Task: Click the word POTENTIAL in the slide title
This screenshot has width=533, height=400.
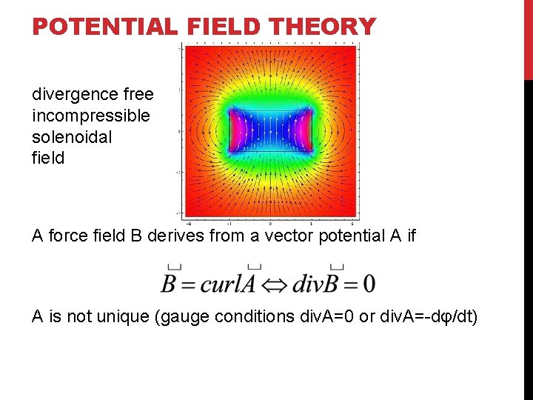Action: pyautogui.click(x=104, y=27)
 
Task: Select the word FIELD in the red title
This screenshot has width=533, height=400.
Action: pyautogui.click(x=223, y=27)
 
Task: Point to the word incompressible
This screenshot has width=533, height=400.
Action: pyautogui.click(x=90, y=116)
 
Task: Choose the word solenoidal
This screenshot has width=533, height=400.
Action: pyautogui.click(x=72, y=137)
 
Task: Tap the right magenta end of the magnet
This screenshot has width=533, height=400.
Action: pyautogui.click(x=304, y=130)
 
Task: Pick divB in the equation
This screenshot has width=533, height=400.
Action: pyautogui.click(x=317, y=283)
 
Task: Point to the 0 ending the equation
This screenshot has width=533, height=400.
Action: pyautogui.click(x=369, y=284)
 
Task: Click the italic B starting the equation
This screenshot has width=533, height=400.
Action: pyautogui.click(x=170, y=283)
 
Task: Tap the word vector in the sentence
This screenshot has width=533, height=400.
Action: pyautogui.click(x=301, y=236)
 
